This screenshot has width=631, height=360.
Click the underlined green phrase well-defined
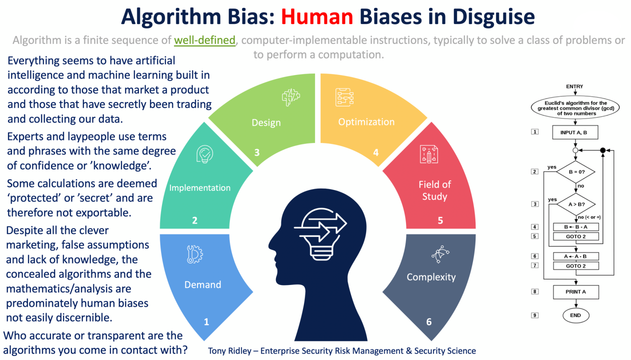pos(204,40)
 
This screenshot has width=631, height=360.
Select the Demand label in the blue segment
pos(202,284)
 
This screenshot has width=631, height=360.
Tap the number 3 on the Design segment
pos(257,152)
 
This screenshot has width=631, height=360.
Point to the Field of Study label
pos(434,190)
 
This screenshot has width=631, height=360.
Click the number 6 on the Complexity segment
pos(428,321)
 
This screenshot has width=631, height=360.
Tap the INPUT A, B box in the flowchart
pos(575,132)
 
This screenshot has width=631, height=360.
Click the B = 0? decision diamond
pos(574,172)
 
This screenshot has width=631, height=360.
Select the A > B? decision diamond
pos(574,204)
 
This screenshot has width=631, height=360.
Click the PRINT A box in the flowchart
pos(575,292)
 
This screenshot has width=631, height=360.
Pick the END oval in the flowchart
pos(575,315)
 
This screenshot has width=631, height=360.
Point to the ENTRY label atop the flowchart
pos(574,86)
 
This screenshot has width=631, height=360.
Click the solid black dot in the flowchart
pos(602,150)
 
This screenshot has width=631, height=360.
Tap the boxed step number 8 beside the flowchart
pos(534,291)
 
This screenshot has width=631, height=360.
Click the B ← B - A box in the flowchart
pos(575,226)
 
